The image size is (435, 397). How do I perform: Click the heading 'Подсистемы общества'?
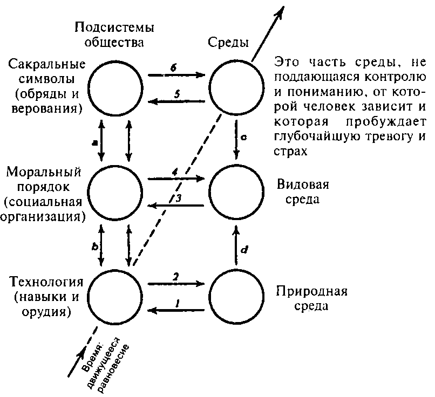[x=114, y=35]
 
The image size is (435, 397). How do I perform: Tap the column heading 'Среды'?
[x=228, y=43]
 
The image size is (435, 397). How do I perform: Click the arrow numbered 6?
[x=176, y=75]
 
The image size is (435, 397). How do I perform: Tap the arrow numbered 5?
[x=176, y=101]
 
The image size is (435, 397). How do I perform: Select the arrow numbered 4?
[x=176, y=179]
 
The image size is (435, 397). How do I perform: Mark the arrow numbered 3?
[x=176, y=206]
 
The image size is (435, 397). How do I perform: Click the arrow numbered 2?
[x=176, y=284]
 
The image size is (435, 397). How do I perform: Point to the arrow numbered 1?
[x=176, y=310]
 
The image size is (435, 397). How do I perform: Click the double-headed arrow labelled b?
[x=101, y=245]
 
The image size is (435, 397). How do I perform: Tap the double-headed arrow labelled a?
[x=101, y=141]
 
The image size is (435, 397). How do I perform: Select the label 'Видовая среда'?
[x=303, y=192]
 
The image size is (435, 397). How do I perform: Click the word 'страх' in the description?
[x=291, y=152]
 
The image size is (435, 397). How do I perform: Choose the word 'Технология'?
[x=46, y=282]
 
